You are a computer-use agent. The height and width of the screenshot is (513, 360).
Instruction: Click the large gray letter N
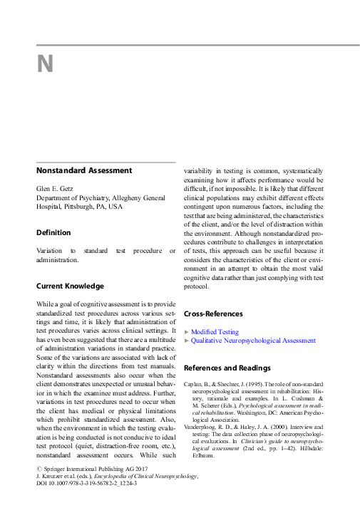(x=45, y=65)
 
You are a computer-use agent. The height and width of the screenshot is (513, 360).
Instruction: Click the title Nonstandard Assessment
(x=84, y=170)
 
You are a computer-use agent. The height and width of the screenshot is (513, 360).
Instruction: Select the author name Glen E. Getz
(x=56, y=189)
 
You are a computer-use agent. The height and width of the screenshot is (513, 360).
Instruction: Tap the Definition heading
(x=53, y=232)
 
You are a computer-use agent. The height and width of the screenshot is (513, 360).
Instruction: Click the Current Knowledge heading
(x=70, y=286)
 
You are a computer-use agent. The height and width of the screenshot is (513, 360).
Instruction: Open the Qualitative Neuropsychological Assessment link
(x=254, y=341)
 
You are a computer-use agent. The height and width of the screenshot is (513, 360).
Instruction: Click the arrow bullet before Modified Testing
(x=187, y=332)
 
